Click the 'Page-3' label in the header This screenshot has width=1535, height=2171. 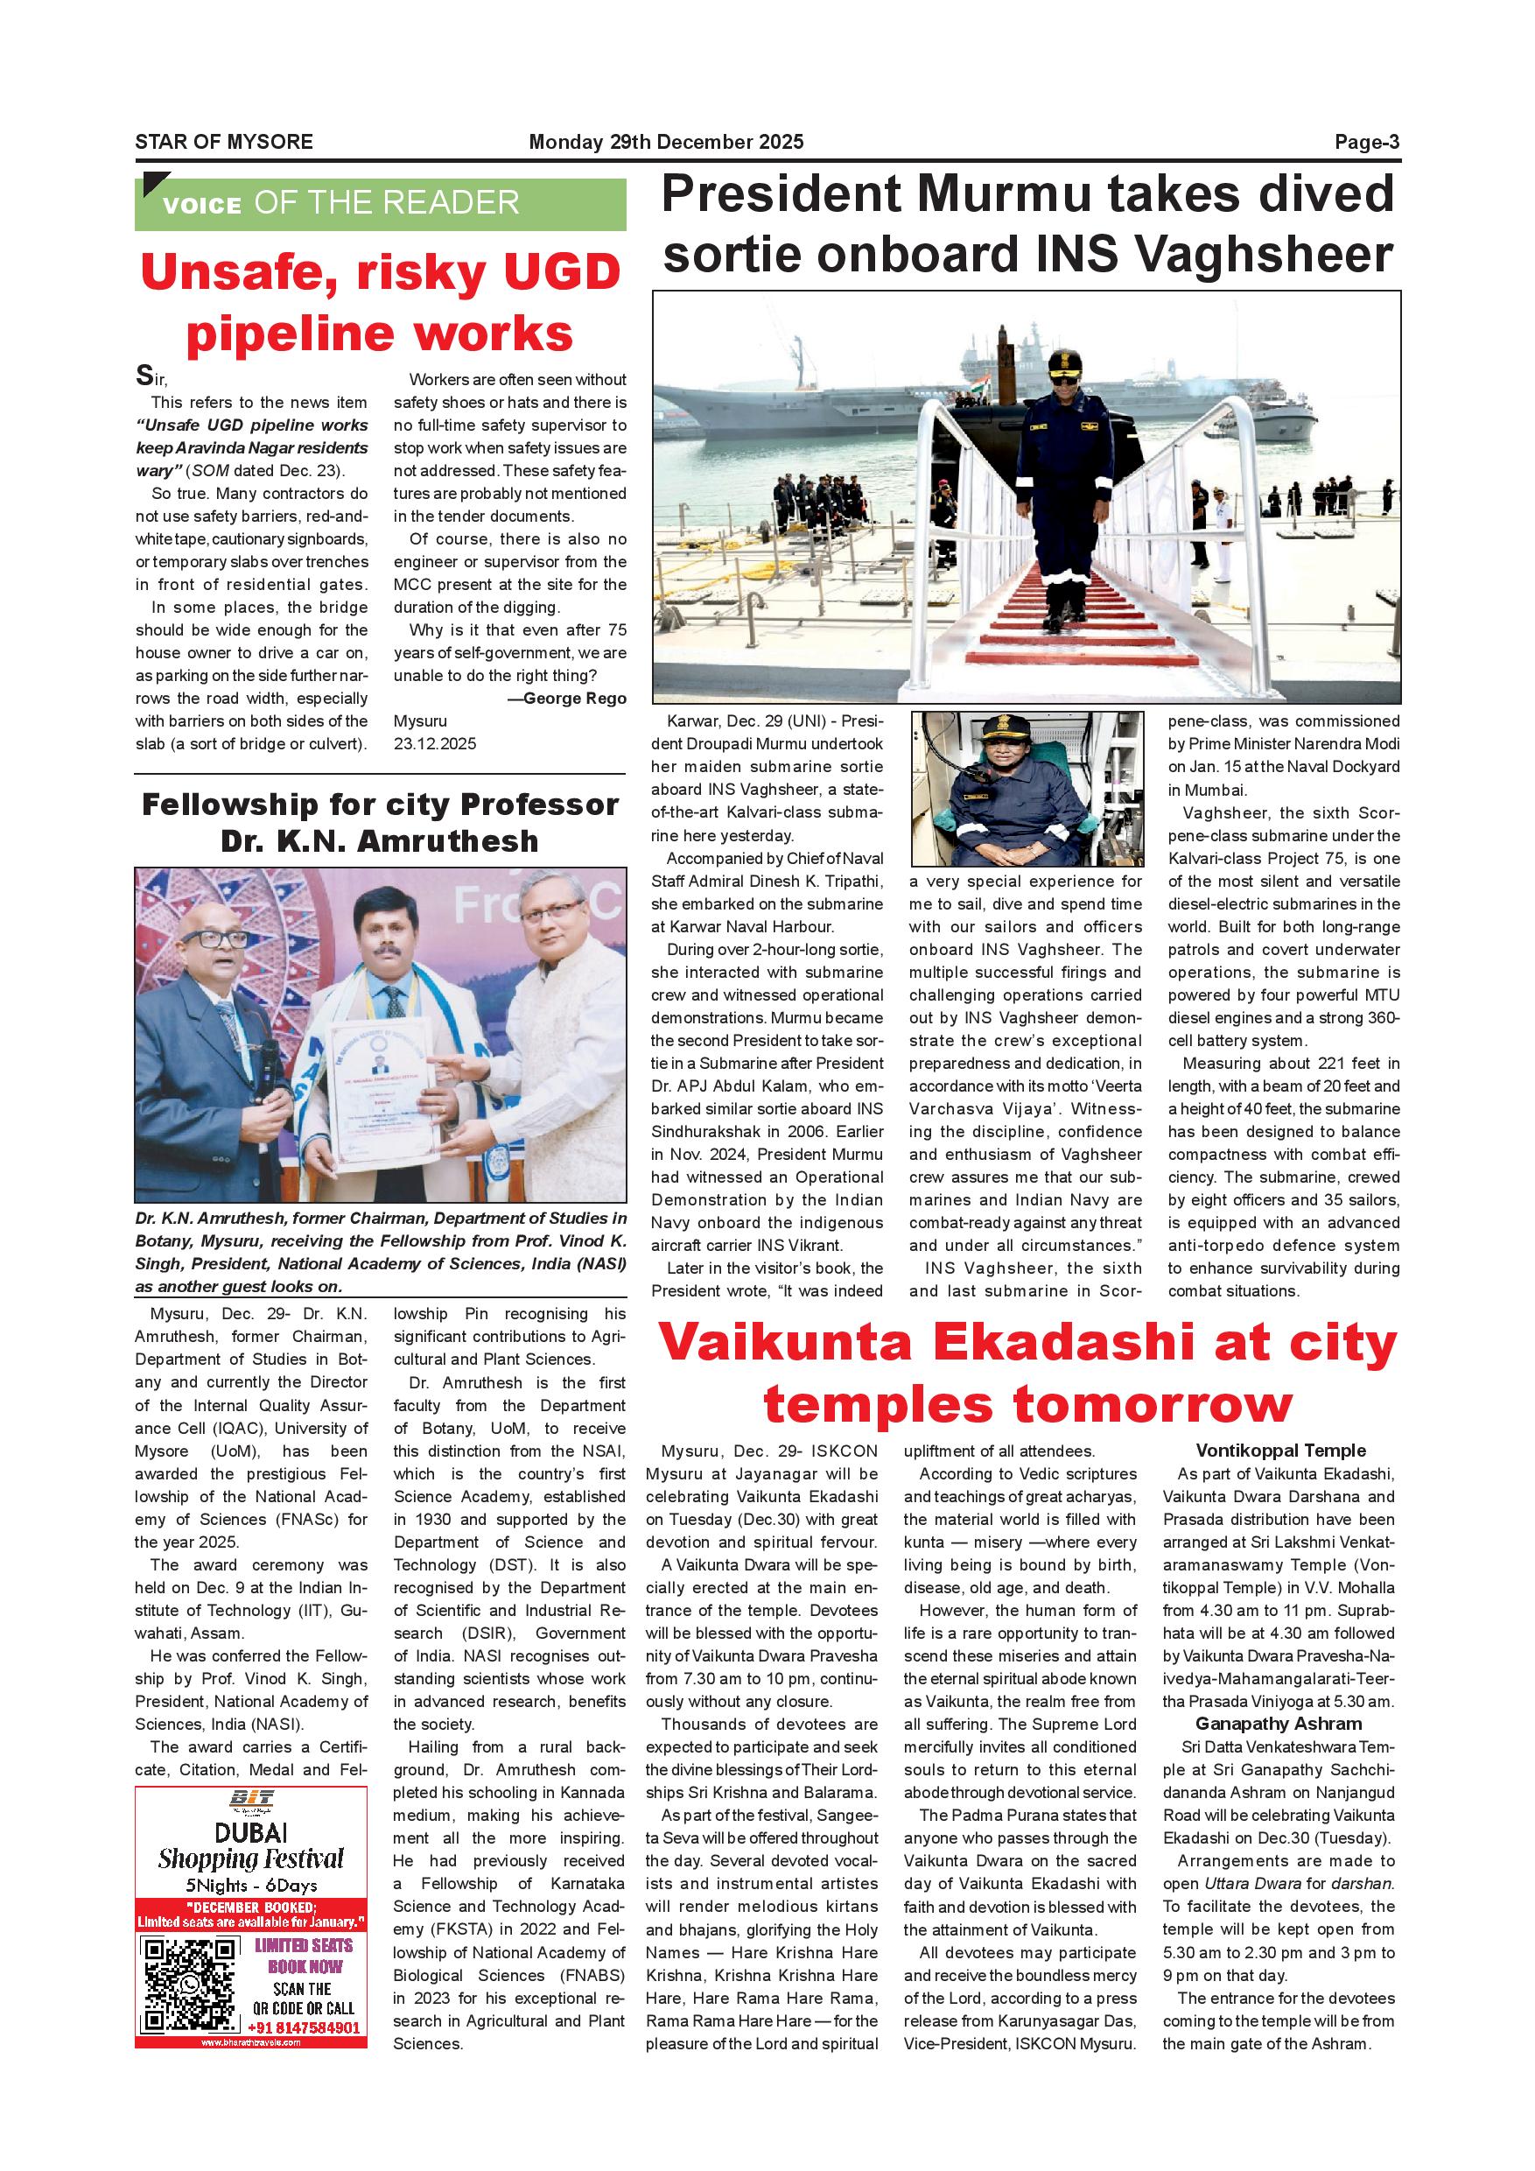(x=1366, y=142)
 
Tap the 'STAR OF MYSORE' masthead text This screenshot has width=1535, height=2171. (x=224, y=142)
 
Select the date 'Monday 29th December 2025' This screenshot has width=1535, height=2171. (x=665, y=142)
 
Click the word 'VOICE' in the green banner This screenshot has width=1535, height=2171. (x=201, y=205)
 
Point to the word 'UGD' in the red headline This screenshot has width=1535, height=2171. (x=562, y=273)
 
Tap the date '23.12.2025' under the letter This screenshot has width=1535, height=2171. (x=435, y=744)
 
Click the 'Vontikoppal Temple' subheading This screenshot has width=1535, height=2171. (x=1280, y=1451)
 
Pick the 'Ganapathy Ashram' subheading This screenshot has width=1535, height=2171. (x=1278, y=1724)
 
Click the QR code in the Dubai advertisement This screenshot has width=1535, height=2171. (x=189, y=1985)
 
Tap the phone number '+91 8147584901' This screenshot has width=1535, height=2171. (x=304, y=2028)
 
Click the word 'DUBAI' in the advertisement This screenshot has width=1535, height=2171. (x=250, y=1833)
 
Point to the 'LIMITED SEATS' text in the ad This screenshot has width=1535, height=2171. (x=304, y=1945)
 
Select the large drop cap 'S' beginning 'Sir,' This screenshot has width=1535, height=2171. (x=144, y=376)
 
